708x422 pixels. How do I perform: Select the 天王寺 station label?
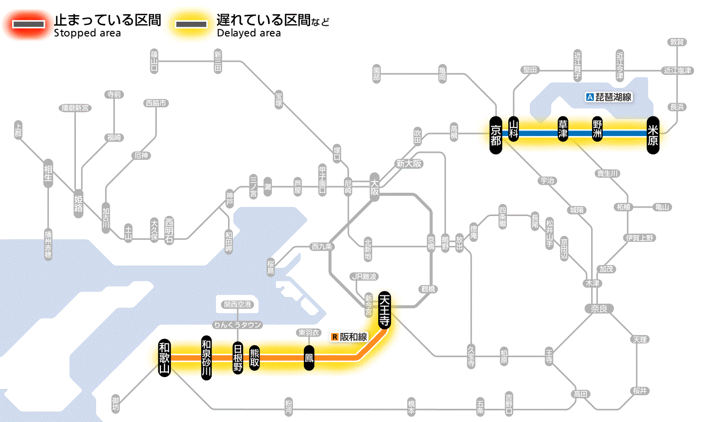point(384,310)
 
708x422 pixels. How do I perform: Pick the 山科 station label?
point(514,130)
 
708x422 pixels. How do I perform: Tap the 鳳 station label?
point(308,358)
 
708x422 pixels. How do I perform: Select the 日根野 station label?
point(238,358)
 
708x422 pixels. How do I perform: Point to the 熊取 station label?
point(254,358)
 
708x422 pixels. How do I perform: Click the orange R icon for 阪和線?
point(334,336)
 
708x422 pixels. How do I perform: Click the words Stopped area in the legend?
point(87,33)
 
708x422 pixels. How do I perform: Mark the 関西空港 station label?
point(237,305)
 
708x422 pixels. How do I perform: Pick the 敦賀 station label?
point(676,42)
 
